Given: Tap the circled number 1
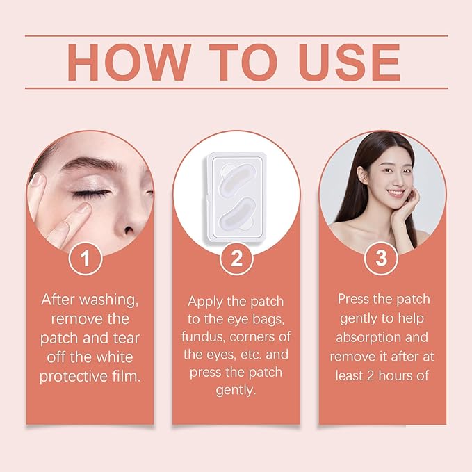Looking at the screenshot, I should click(86, 259).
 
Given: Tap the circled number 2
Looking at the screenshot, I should click(236, 259).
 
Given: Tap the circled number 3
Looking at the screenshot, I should click(381, 259).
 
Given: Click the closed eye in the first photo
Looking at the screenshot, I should click(92, 193).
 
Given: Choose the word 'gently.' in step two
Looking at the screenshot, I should click(236, 390).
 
